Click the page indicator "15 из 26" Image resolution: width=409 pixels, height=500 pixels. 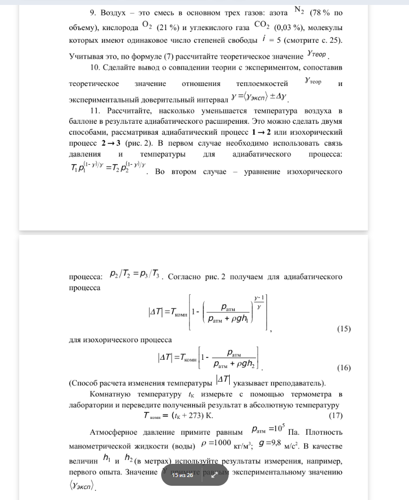click(183, 475)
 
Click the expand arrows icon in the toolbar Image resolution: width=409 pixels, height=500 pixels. click(214, 475)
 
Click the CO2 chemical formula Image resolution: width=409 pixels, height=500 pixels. click(263, 26)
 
